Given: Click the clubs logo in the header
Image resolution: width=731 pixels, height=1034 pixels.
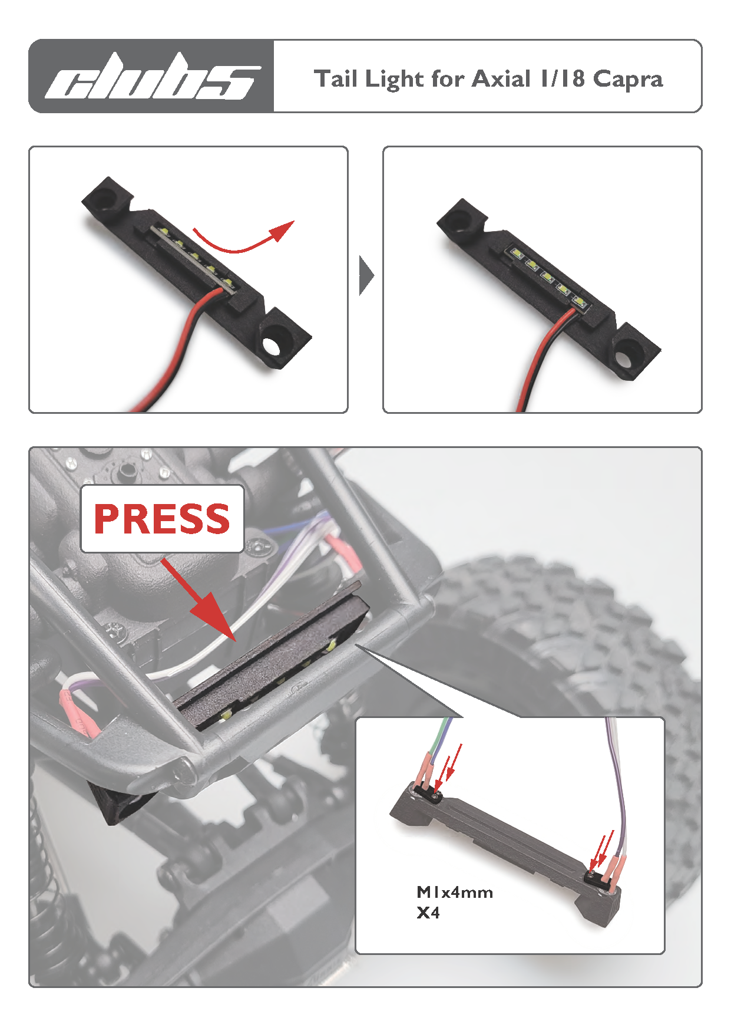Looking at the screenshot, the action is click(152, 77).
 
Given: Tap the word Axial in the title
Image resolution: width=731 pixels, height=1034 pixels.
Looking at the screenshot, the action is click(501, 78).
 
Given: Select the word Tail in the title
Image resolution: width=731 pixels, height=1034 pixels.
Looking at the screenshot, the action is click(335, 78).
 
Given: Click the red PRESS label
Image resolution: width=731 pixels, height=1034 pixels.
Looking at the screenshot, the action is click(162, 519).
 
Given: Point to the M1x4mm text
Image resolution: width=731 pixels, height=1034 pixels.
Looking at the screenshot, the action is click(455, 893).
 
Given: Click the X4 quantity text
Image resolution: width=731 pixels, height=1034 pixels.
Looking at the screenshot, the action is click(428, 913).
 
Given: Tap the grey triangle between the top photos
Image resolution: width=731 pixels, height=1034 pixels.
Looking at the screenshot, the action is click(366, 275).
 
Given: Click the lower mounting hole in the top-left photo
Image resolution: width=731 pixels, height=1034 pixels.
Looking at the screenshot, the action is click(272, 346).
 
